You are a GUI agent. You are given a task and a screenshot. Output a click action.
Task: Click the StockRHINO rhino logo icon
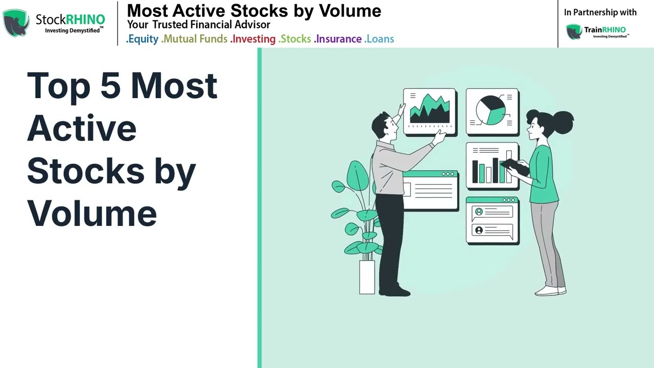[16, 23]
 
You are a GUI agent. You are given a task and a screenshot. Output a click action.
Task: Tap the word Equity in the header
[143, 39]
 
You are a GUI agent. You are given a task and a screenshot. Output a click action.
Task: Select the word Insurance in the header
[338, 39]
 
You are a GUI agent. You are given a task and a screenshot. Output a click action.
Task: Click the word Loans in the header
[380, 39]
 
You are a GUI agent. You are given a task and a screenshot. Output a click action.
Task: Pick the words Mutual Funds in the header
[195, 39]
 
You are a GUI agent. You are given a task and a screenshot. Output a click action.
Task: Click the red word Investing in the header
[253, 39]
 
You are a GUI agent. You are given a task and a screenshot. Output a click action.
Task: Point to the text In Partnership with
[600, 12]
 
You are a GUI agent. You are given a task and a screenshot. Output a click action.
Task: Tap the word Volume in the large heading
[92, 213]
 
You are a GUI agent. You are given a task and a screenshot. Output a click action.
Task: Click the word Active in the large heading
[82, 128]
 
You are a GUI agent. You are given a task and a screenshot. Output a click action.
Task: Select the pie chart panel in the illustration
[492, 112]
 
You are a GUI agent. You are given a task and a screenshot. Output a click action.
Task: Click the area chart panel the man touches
[429, 111]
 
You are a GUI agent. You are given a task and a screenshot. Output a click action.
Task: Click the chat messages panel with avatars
[492, 220]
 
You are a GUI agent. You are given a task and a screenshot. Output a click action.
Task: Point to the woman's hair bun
[566, 121]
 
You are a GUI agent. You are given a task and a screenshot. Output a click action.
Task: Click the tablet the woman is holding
[515, 166]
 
